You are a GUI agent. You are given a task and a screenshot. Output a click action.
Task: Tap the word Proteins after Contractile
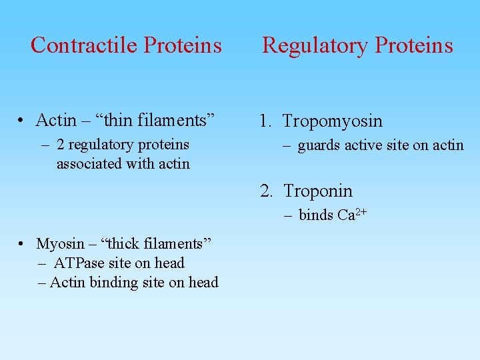pyautogui.click(x=183, y=45)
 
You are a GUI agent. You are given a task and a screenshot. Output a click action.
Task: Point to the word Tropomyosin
pyautogui.click(x=332, y=121)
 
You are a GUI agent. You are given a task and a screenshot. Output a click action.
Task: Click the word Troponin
pyautogui.click(x=317, y=191)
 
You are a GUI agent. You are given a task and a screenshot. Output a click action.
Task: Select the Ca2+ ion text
pyautogui.click(x=352, y=215)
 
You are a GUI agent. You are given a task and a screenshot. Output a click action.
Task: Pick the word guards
pyautogui.click(x=319, y=145)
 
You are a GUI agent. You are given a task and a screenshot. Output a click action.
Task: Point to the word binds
pyautogui.click(x=316, y=215)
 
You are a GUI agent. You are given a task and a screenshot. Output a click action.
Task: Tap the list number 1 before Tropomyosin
pyautogui.click(x=265, y=121)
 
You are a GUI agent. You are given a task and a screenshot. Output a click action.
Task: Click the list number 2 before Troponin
pyautogui.click(x=266, y=191)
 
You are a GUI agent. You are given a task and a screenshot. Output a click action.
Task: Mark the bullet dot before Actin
pyautogui.click(x=22, y=121)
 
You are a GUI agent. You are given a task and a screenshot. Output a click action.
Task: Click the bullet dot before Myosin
pyautogui.click(x=22, y=245)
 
